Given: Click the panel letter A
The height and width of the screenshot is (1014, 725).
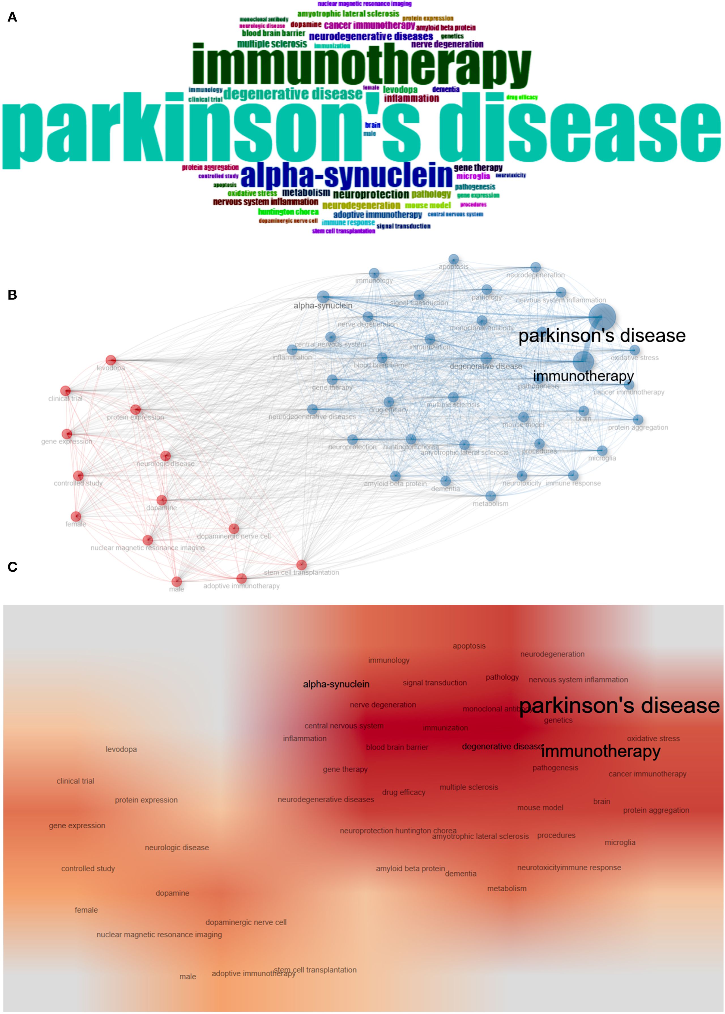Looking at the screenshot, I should coord(12,17).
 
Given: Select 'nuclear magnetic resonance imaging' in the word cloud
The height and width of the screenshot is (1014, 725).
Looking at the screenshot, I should coord(364,4).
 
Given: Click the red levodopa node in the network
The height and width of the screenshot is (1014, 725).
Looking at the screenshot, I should coord(111,360).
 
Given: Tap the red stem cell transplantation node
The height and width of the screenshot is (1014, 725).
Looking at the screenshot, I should coord(301,564).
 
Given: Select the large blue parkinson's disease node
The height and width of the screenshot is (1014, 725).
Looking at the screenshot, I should coord(602,317).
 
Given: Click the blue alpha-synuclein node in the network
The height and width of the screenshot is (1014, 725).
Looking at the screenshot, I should coord(323,297).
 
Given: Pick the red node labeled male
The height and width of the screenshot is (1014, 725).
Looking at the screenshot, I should coord(177,581).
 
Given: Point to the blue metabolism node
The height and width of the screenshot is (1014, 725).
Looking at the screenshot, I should coord(490,496).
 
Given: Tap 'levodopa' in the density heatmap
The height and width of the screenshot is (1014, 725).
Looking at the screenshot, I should coord(121,749).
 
